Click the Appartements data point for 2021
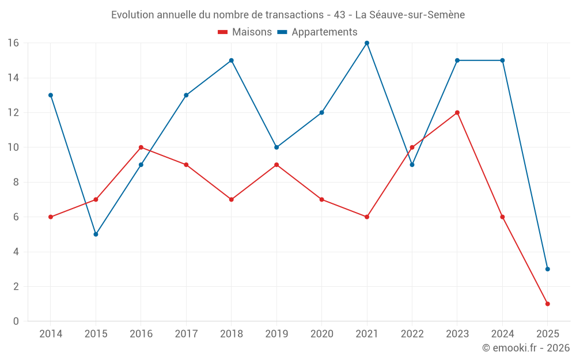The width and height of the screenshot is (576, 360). [367, 43]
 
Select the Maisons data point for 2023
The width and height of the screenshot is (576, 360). [457, 113]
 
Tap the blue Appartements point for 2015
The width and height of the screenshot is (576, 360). [96, 234]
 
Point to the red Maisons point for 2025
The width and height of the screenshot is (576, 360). [547, 304]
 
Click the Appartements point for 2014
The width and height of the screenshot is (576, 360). [51, 95]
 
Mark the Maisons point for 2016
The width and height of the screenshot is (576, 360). [141, 147]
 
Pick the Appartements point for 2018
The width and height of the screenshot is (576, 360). [232, 60]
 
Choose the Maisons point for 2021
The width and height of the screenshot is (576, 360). [367, 217]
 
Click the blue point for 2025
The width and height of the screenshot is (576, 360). [547, 269]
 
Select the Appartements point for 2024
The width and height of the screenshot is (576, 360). [502, 60]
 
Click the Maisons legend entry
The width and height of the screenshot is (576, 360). [245, 32]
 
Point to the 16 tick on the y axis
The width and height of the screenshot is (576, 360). [13, 43]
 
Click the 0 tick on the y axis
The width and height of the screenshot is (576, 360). [16, 321]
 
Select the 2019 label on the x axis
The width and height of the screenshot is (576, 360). [276, 334]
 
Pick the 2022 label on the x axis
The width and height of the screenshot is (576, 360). [412, 334]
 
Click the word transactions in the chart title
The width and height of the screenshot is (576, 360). [289, 15]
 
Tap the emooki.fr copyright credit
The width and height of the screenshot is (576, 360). [526, 348]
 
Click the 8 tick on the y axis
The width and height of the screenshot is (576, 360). [16, 182]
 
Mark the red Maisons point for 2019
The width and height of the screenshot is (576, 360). [276, 165]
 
